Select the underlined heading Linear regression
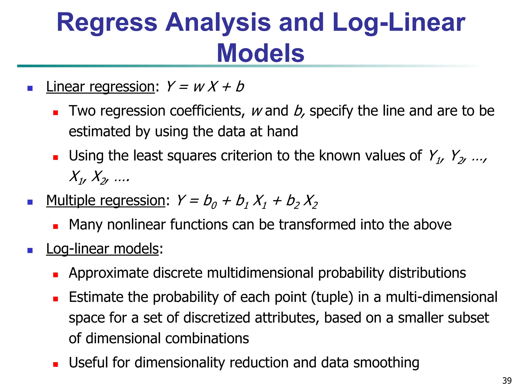(x=100, y=87)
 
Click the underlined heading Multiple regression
(x=106, y=201)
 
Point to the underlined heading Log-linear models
(x=102, y=249)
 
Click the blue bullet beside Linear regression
(x=30, y=88)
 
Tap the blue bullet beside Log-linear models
(x=30, y=250)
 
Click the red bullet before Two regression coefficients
(x=56, y=112)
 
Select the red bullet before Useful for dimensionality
(x=56, y=364)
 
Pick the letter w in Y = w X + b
(x=199, y=87)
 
